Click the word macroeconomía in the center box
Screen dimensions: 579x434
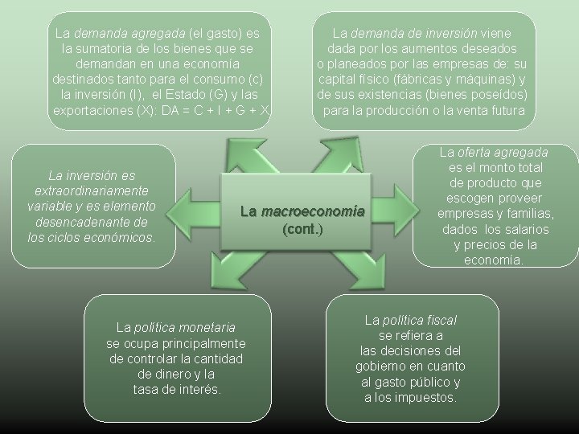click(313, 211)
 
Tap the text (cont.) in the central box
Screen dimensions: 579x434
click(303, 228)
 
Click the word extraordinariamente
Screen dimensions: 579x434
click(91, 190)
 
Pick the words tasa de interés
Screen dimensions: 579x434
click(176, 389)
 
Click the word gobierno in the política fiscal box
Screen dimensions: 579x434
click(382, 366)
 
